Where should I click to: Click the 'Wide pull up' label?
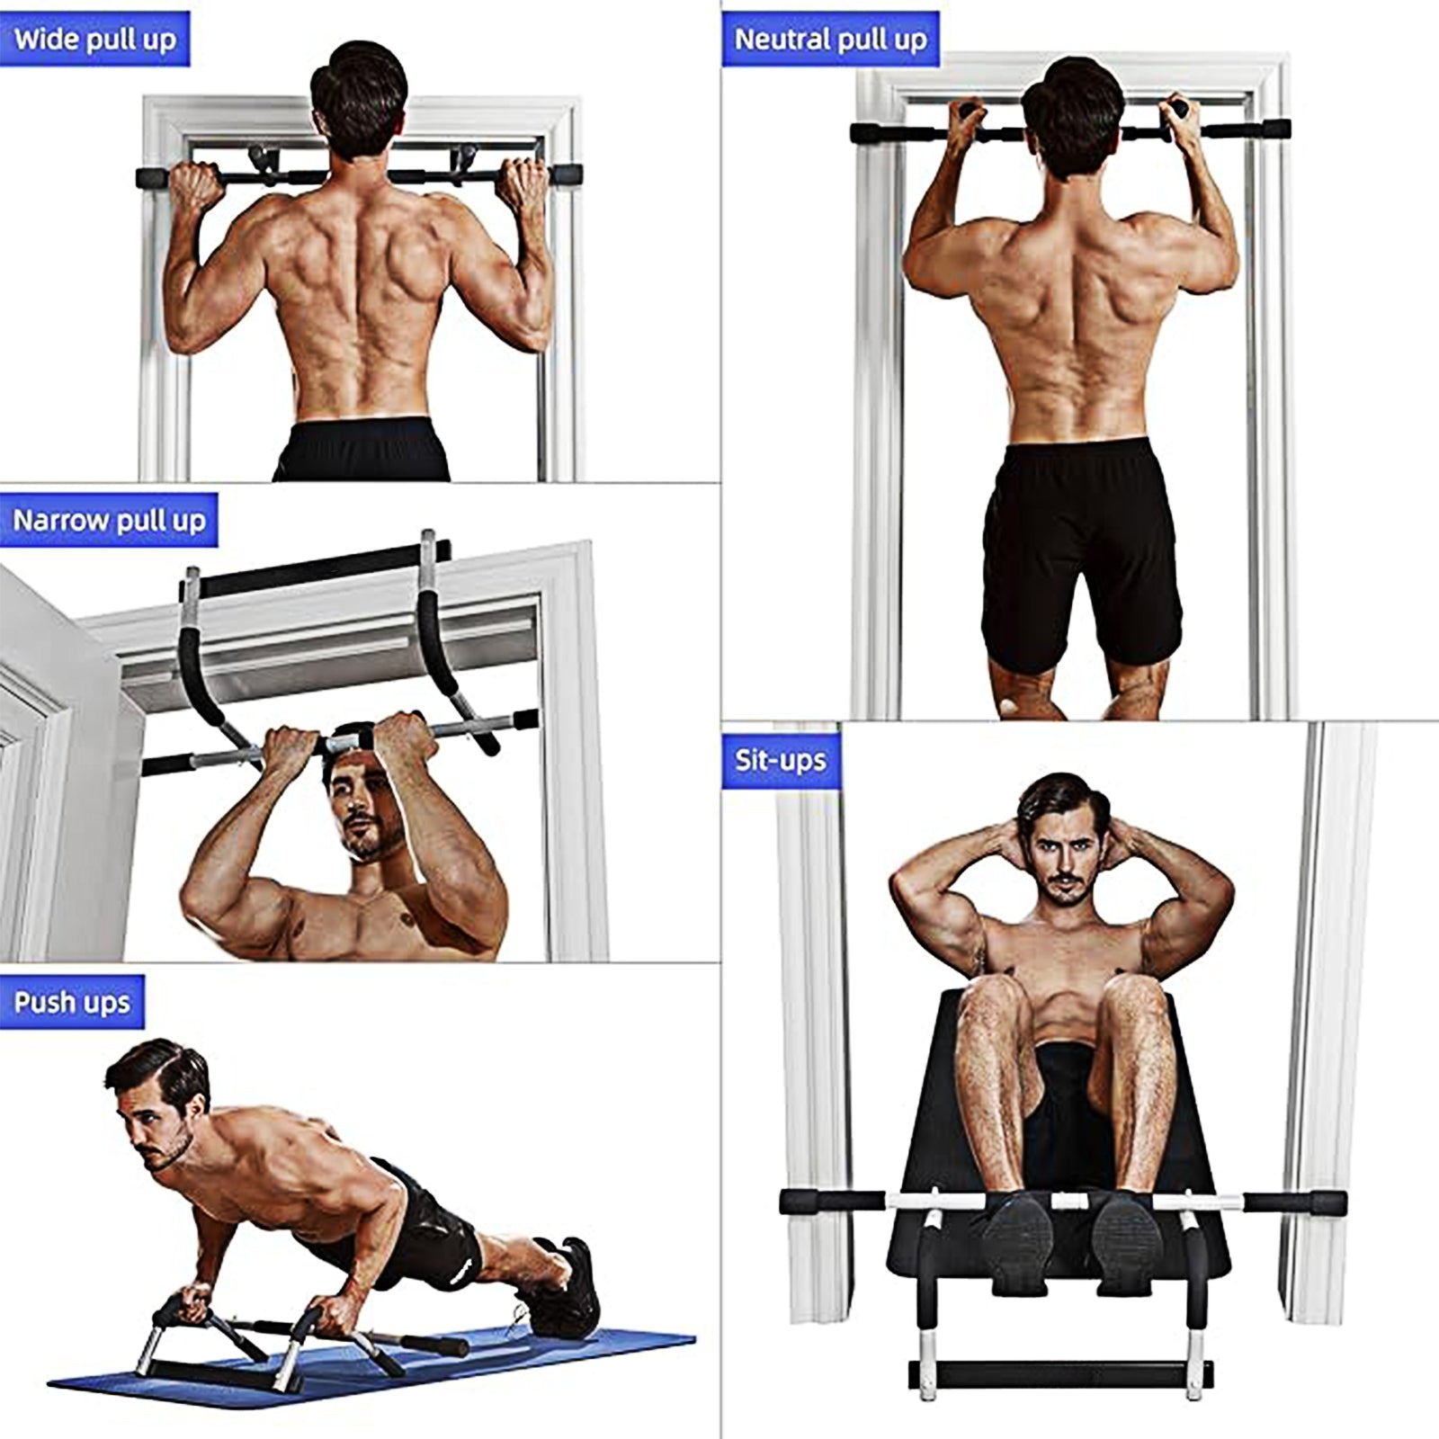[x=94, y=40]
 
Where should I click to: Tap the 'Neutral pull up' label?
[x=830, y=40]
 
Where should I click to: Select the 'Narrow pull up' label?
[x=109, y=521]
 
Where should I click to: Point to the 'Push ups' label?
[x=72, y=1002]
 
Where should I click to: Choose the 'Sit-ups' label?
[x=780, y=760]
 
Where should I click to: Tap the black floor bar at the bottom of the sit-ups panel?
[x=1060, y=1372]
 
